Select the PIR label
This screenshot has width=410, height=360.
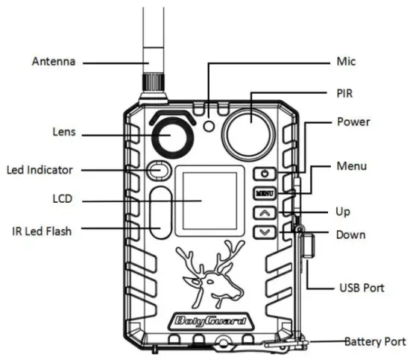pos(347,92)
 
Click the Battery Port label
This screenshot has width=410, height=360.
pos(376,341)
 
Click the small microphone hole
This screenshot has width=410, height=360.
pos(209,126)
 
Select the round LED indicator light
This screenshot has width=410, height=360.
pos(157,171)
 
